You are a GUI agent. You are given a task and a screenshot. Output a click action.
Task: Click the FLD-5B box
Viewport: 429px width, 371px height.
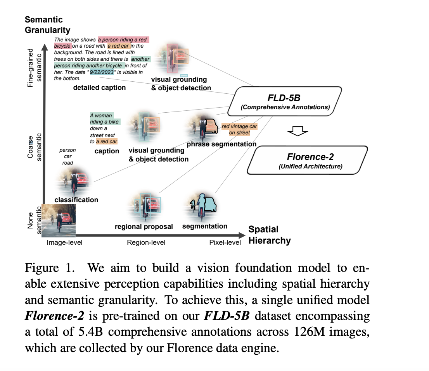tap(285, 101)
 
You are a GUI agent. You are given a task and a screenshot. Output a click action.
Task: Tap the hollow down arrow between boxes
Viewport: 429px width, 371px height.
tap(297, 132)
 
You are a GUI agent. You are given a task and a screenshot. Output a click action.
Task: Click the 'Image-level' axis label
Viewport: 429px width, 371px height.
tap(65, 242)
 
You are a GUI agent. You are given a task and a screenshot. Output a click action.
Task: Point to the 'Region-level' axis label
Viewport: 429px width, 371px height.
tap(146, 242)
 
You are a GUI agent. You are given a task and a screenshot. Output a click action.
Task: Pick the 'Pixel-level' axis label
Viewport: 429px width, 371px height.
tap(225, 242)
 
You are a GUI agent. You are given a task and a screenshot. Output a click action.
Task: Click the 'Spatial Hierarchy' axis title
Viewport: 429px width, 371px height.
tap(269, 235)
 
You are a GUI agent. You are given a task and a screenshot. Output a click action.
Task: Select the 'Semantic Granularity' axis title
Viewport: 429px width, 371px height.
tap(47, 25)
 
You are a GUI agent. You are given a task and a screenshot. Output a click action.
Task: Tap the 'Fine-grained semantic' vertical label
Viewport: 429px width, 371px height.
tap(35, 68)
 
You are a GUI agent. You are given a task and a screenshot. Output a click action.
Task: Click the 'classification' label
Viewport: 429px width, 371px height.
tap(76, 200)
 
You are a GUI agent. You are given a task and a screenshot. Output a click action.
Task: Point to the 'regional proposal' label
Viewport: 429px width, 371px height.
tap(144, 227)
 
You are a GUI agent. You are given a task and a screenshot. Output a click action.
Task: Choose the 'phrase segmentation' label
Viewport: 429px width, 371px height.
tap(221, 144)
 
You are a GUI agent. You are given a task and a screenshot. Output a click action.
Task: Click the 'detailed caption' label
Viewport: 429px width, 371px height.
tap(99, 88)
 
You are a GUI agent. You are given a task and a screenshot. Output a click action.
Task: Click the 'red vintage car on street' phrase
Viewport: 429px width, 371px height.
tap(239, 130)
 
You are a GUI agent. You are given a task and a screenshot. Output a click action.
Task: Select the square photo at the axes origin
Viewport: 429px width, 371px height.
tap(59, 220)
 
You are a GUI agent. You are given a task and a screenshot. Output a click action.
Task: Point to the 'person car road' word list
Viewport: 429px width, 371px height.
tap(67, 156)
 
